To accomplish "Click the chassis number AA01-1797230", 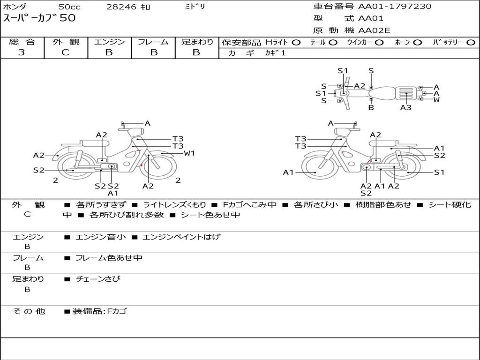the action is point(395,7).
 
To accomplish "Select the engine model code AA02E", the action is point(374,30).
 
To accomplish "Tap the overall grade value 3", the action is point(22,52).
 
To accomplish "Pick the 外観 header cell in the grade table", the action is point(66,42).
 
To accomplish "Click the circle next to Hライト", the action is point(296,43).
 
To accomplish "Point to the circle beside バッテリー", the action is point(471,43).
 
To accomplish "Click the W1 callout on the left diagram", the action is point(189,153).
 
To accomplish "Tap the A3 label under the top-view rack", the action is point(405,107).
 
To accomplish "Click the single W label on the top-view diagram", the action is point(436,99).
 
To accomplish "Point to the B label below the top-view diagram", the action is point(371,107).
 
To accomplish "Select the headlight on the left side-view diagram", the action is point(136,133).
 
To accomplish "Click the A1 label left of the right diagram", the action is point(288,172).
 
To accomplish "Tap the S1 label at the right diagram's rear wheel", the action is point(439,172).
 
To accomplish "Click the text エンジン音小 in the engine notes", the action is point(101,237).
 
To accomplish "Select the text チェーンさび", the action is point(98,279).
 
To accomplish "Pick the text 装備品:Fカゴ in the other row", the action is point(99,311).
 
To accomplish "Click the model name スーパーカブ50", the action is point(39,18).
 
